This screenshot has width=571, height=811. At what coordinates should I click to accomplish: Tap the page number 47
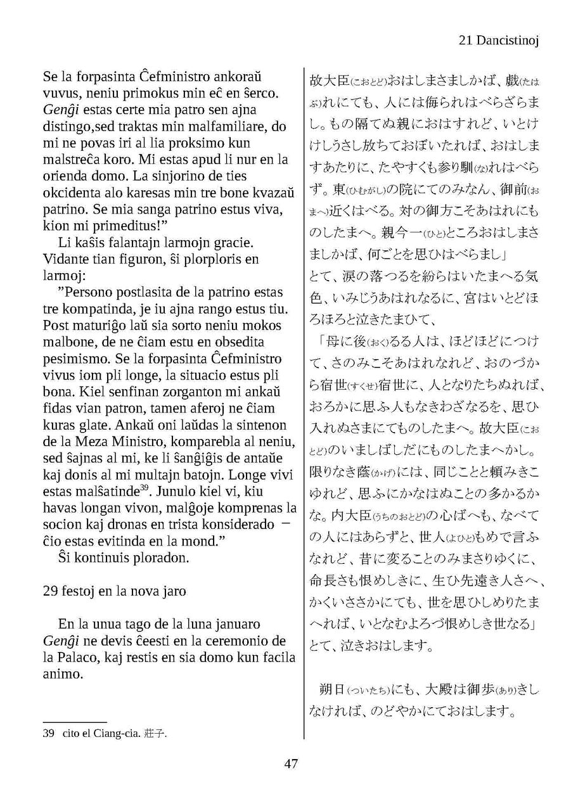point(291,763)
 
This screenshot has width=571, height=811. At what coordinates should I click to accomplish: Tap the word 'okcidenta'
point(71,193)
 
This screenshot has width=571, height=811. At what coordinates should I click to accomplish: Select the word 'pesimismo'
point(74,359)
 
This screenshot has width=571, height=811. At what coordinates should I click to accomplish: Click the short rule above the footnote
point(75,721)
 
